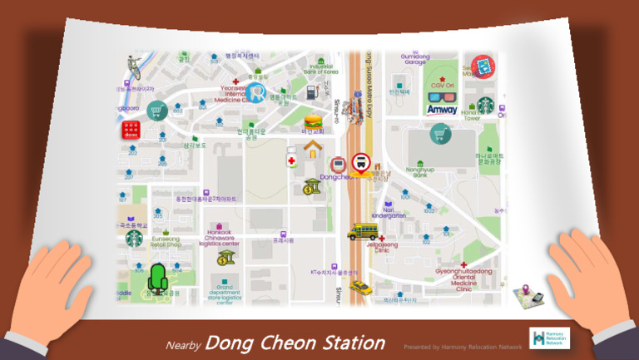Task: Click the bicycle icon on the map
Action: pos(134,67)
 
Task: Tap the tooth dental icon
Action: pos(255,91)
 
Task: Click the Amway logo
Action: pos(442,109)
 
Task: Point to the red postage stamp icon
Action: pos(482,66)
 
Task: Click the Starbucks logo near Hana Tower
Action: pos(486,105)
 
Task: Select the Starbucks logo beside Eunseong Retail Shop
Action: pos(134,239)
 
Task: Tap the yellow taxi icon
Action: pos(359,287)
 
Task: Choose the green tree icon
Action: pos(156,279)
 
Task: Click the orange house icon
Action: pos(313,150)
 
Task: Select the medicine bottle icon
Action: pos(291,158)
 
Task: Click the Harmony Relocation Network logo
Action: pos(549,338)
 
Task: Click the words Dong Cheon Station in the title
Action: pos(295,343)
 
